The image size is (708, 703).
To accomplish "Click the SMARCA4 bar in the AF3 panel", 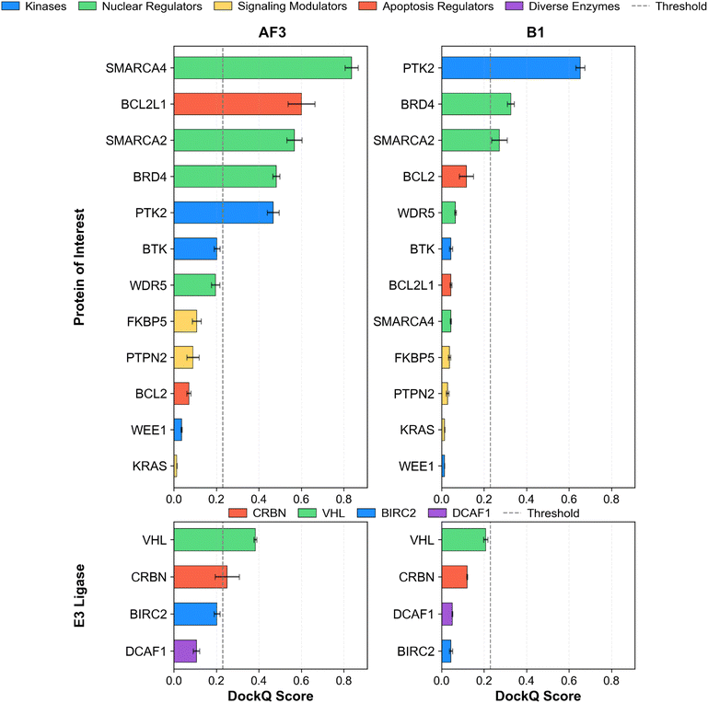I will click(262, 68).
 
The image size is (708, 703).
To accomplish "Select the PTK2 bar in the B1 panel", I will click(511, 68).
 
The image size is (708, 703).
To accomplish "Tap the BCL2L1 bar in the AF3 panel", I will click(238, 104).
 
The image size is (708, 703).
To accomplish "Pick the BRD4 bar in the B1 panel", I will click(476, 104).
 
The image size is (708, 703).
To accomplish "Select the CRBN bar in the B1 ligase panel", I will click(455, 577).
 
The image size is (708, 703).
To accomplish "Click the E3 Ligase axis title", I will click(81, 595).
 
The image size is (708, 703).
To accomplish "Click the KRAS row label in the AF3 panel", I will click(150, 466).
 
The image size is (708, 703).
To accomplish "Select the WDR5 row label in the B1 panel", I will click(416, 213).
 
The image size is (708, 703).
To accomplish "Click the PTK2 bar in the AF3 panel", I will click(224, 213).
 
